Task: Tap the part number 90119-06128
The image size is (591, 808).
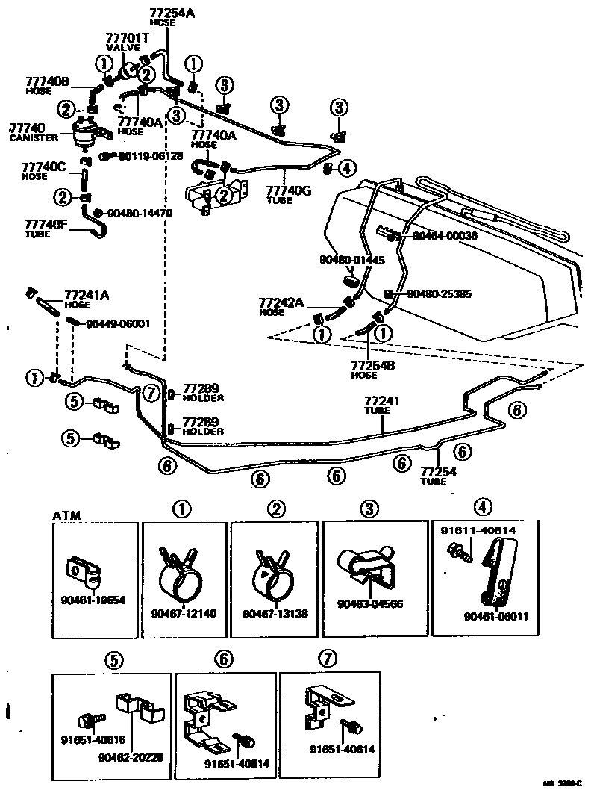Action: [x=151, y=155]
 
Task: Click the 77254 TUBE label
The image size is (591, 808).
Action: [x=439, y=476]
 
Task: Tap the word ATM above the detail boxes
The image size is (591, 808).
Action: [x=66, y=516]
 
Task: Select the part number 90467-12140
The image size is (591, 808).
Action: [x=183, y=614]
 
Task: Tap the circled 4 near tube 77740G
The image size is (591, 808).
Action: [x=345, y=168]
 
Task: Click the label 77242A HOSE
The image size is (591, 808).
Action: [x=281, y=306]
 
